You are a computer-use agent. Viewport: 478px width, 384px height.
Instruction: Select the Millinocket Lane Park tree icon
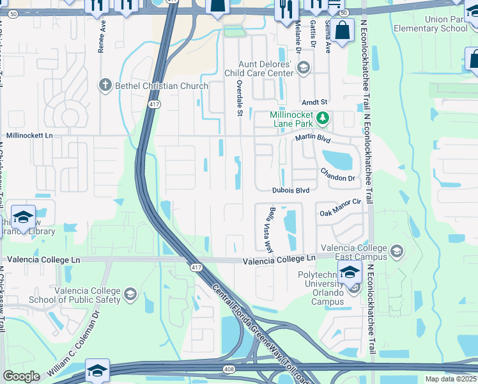pos(323,117)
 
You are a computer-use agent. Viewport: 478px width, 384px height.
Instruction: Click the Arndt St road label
pos(314,102)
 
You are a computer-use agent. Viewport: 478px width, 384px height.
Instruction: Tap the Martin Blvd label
pos(312,138)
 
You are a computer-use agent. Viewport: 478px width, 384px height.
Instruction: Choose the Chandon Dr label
pos(337,174)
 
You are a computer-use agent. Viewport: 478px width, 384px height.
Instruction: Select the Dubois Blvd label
pos(290,190)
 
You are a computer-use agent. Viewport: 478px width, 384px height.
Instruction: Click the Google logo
pos(21,376)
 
